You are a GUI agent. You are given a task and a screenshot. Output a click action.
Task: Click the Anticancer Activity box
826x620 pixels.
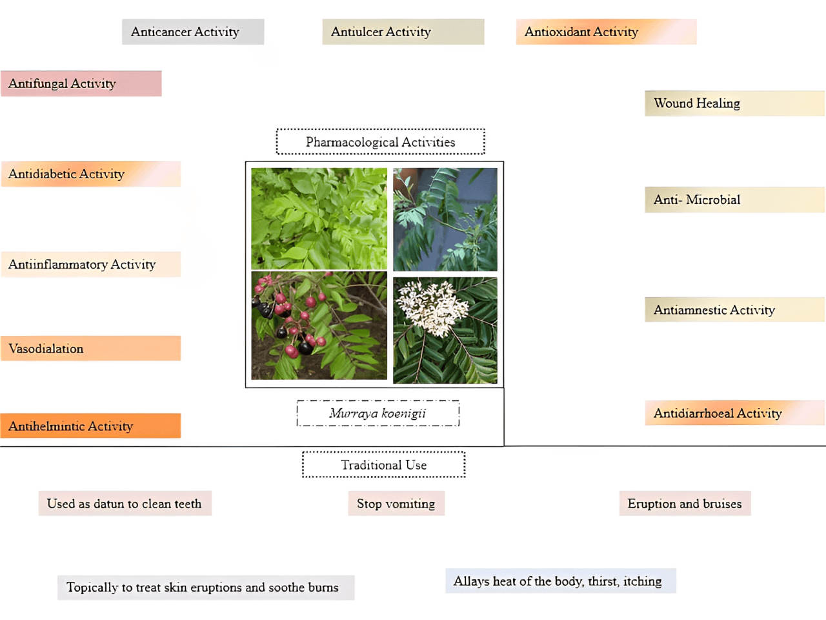coord(192,32)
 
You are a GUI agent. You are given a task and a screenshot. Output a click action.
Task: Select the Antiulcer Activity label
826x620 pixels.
coord(403,32)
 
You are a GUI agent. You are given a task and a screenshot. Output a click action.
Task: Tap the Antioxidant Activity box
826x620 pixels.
coord(605,32)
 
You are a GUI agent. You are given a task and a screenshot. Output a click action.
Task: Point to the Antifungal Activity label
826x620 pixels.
coord(81,83)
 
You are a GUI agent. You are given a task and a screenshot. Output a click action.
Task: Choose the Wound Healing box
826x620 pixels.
coord(734,103)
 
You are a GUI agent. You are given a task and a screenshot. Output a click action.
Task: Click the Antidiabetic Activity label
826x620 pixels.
coord(90,174)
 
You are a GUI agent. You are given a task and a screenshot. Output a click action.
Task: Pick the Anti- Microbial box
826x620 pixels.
coord(734,200)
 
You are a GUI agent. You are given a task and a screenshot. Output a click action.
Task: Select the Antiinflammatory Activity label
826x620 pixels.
coord(90,264)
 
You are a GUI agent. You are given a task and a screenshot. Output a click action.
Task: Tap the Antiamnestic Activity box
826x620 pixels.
coord(734,310)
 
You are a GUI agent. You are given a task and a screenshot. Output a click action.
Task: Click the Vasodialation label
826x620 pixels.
coord(90,349)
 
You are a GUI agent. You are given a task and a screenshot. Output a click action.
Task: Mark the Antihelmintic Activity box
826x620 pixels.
coord(90,426)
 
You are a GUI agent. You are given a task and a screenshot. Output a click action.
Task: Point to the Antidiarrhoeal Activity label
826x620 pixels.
coord(734,413)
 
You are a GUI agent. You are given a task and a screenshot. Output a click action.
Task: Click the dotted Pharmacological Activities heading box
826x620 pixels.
coord(380,142)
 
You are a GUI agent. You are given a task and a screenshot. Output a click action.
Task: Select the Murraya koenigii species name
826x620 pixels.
coord(378,413)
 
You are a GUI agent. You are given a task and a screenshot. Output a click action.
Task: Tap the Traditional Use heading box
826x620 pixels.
coord(383,465)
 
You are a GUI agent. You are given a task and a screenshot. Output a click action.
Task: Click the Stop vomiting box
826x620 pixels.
coord(396,504)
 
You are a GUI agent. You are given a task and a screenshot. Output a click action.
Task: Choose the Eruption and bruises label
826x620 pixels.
coord(685,504)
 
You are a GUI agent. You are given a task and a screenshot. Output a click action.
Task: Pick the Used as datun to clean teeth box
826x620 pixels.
coord(125,504)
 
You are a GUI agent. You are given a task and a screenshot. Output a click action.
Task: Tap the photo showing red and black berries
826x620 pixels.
coord(319,325)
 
